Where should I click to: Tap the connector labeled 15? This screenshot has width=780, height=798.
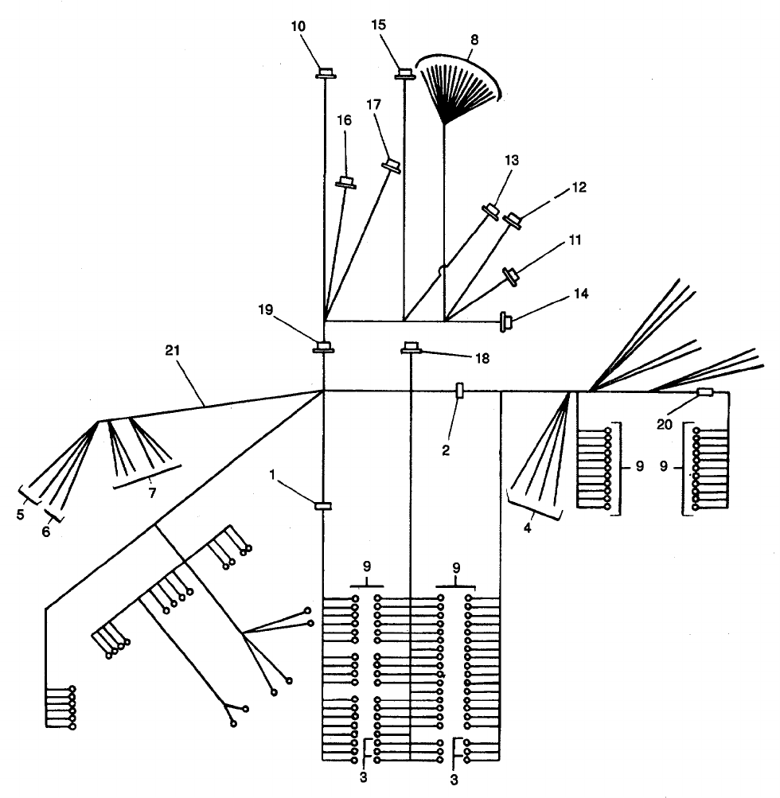(405, 73)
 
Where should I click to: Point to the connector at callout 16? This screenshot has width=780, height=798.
(345, 182)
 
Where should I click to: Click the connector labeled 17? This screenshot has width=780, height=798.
(391, 165)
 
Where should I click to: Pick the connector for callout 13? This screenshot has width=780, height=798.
(491, 211)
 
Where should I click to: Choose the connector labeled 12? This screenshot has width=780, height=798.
(515, 220)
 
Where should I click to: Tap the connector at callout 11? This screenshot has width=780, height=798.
(510, 276)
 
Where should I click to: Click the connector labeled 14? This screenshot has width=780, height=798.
(505, 321)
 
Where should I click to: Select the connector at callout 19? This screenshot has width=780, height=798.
(324, 346)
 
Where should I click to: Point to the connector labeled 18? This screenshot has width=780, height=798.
(411, 347)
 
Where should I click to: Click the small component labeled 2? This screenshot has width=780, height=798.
(458, 391)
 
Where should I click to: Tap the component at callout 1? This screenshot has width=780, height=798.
(324, 505)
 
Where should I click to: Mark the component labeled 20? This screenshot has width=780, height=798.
(705, 392)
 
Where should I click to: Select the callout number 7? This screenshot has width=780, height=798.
(150, 492)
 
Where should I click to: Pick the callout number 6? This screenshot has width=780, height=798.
(45, 531)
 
